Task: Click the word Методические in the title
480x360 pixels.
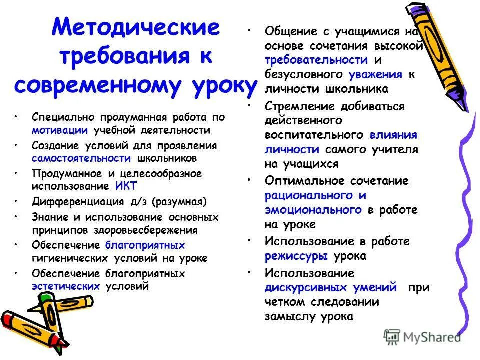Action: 136,28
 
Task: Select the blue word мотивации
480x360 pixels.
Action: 60,130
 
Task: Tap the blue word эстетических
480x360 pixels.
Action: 66,286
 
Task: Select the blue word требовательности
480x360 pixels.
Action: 316,60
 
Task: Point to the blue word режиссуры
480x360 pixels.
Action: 296,256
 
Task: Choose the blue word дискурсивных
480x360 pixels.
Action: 306,288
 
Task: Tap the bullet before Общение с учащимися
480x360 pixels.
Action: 248,30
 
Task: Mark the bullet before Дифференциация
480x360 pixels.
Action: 17,202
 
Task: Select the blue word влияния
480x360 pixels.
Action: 394,135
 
